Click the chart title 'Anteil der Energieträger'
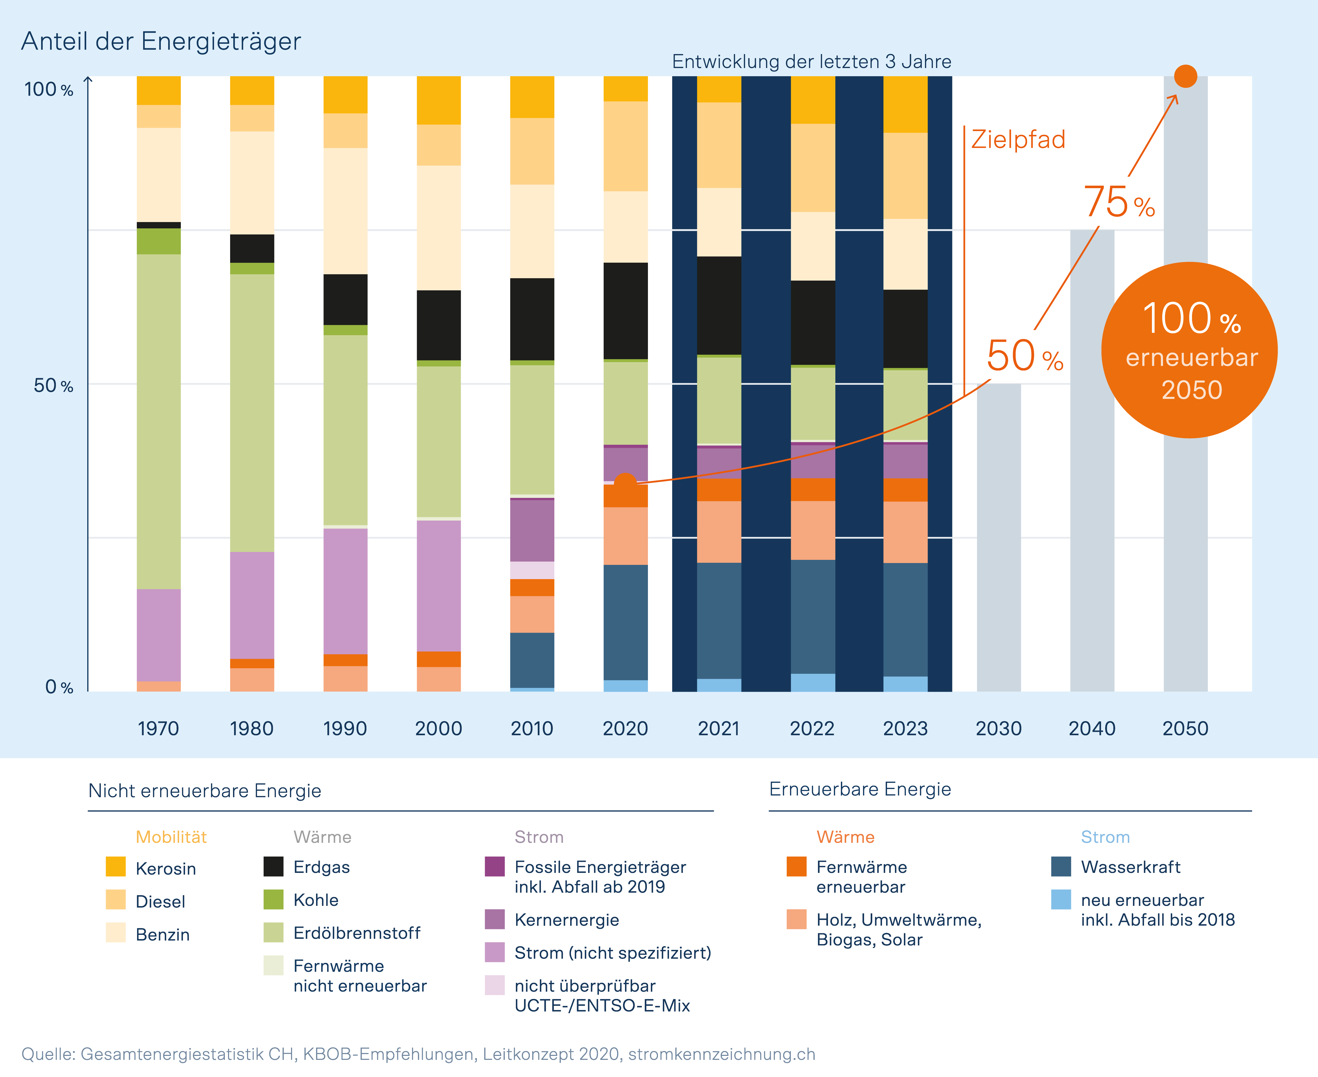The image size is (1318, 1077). [x=161, y=42]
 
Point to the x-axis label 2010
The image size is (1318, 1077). [x=531, y=728]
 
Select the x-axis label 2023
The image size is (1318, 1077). [x=905, y=728]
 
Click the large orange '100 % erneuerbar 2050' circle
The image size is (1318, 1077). [x=1189, y=350]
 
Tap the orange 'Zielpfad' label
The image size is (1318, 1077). [x=1018, y=140]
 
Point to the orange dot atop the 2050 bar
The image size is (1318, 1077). [x=1185, y=76]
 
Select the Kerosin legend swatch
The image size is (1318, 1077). [x=115, y=867]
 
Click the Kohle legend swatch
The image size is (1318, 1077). [x=274, y=900]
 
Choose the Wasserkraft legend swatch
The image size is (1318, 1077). [x=1061, y=867]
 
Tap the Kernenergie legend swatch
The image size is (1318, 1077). [x=494, y=919]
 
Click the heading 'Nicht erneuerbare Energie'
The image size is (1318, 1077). [x=205, y=791]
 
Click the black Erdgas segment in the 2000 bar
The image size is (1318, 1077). [x=439, y=325]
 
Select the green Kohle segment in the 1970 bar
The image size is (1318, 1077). [x=159, y=241]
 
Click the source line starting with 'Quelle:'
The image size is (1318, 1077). [x=418, y=1054]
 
